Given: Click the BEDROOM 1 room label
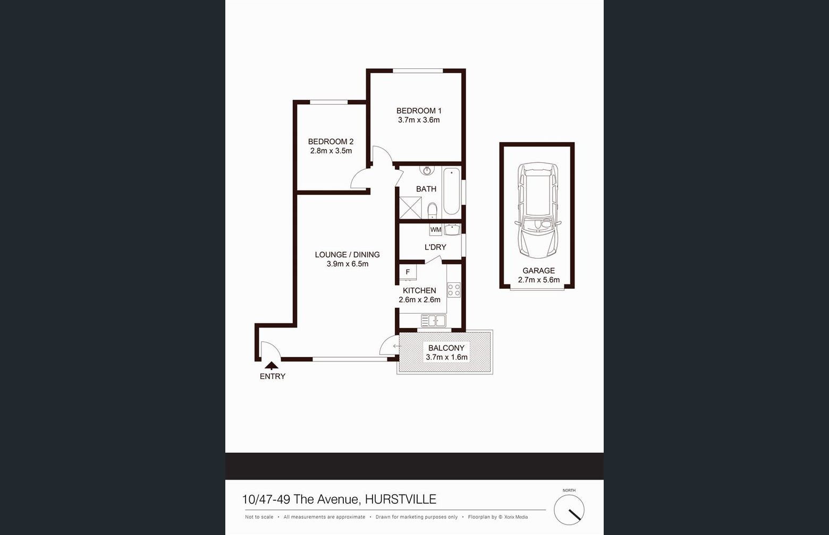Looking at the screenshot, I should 419,111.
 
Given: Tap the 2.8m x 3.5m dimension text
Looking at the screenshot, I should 331,151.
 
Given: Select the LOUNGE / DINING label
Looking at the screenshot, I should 347,255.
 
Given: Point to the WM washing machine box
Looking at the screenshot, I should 436,230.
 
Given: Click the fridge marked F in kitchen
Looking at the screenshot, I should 408,272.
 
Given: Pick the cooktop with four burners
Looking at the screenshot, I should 454,290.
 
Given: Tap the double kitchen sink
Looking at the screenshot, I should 434,321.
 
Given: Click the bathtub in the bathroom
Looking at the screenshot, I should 452,191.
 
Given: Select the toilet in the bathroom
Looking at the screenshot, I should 432,211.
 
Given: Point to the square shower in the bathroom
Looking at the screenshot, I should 410,208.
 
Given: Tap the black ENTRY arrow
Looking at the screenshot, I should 271,365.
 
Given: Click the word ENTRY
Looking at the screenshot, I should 273,376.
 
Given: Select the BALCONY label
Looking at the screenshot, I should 446,348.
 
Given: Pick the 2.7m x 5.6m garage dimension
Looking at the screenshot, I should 538,280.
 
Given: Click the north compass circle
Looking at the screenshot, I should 569,510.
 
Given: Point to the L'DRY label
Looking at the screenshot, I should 435,247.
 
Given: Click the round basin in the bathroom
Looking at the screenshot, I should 427,170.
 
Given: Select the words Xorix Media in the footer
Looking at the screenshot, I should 516,517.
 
